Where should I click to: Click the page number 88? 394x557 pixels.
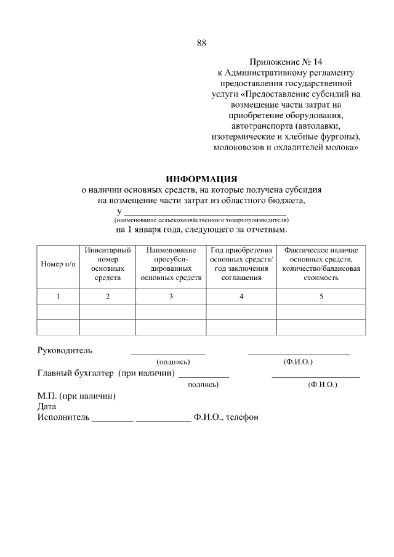[201, 42]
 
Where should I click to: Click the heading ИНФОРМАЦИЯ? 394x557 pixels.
[201, 179]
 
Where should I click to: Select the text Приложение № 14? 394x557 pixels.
[286, 62]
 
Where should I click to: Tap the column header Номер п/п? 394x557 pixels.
[58, 264]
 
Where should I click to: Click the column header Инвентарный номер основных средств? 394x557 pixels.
[107, 264]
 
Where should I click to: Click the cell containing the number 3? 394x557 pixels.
[171, 297]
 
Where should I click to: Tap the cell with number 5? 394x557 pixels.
[321, 297]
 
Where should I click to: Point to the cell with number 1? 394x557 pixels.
[58, 297]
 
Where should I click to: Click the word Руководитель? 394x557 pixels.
[65, 351]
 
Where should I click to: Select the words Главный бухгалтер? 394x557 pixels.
[76, 374]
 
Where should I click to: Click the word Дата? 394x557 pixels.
[47, 406]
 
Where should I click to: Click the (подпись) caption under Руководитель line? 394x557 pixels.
[173, 362]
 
